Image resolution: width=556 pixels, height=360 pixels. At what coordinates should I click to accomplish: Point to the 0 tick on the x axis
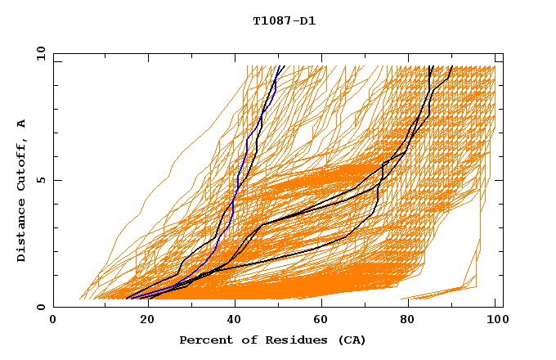coord(54,321)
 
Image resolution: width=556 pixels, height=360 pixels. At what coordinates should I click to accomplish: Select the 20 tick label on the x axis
coord(142,321)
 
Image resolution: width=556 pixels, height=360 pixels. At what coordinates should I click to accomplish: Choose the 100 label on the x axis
coord(495,321)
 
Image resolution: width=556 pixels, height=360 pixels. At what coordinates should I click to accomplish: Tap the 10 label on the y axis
coord(39,53)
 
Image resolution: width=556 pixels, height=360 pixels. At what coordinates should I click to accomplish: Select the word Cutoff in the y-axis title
coord(21,166)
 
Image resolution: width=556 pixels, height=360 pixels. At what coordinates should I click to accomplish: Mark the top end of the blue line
coord(280,66)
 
